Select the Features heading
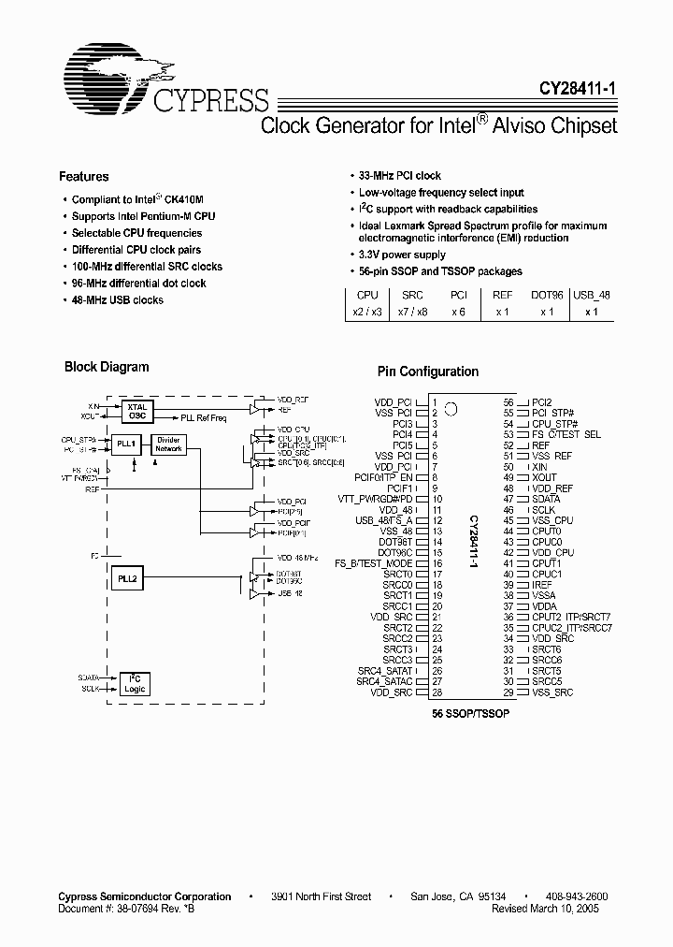[x=83, y=176]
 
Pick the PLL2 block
[x=127, y=579]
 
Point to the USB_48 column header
[x=591, y=294]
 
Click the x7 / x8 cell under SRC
[x=412, y=312]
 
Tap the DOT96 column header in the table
[x=547, y=294]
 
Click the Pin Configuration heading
[x=427, y=372]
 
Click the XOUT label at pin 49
[x=544, y=477]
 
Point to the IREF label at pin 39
[x=543, y=584]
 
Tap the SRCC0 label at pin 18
[x=397, y=585]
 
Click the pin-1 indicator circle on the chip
[x=451, y=408]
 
